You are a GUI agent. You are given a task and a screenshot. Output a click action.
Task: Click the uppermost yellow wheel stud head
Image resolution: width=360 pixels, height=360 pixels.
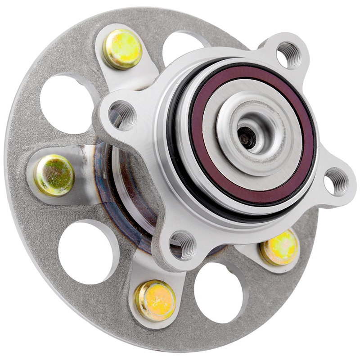(x=122, y=49)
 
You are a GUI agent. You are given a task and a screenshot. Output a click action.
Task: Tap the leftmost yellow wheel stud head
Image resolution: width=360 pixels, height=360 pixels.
(x=54, y=175)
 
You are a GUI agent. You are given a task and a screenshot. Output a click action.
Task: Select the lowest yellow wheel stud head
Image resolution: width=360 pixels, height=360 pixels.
(x=155, y=300)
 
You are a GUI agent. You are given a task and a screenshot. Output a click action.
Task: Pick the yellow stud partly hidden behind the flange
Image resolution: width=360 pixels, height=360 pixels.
(x=280, y=247)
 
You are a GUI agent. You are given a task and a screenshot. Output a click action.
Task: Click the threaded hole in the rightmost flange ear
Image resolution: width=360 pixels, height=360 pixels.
(x=336, y=181)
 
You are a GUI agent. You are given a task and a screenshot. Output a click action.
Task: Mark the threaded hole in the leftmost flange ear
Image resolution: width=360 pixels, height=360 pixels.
(x=122, y=115)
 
